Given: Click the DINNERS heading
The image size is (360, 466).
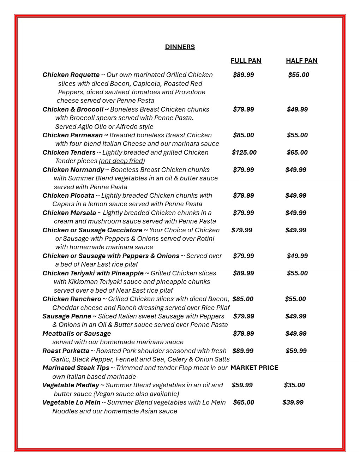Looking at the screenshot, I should (180, 47).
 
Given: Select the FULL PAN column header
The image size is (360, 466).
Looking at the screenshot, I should (246, 61).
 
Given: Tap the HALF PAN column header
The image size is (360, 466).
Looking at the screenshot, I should (301, 61).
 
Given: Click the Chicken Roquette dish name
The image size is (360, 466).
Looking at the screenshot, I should (71, 75).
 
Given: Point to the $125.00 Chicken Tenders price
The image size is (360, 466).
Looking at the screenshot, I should (244, 153).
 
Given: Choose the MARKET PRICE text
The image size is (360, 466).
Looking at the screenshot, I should (254, 368).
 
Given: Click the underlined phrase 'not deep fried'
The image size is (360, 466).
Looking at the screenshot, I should (122, 161).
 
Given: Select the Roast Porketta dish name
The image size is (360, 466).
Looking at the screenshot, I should (66, 351).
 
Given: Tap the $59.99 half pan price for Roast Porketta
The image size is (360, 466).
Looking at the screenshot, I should (296, 351).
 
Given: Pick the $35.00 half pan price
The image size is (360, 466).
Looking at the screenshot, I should (294, 385).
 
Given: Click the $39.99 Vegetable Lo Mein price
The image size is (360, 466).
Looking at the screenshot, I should (293, 402).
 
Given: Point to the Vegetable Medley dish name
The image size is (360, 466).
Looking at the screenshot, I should (71, 385).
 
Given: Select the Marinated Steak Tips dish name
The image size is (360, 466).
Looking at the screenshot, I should (76, 368).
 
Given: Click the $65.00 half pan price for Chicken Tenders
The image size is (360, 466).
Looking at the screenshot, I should (297, 153).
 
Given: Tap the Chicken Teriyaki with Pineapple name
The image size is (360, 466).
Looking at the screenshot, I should (93, 273).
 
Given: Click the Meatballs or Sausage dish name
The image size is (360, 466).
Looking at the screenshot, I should (77, 334).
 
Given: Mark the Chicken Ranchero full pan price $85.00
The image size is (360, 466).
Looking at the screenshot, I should (243, 299).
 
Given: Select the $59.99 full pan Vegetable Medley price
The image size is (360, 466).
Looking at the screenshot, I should (242, 385).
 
